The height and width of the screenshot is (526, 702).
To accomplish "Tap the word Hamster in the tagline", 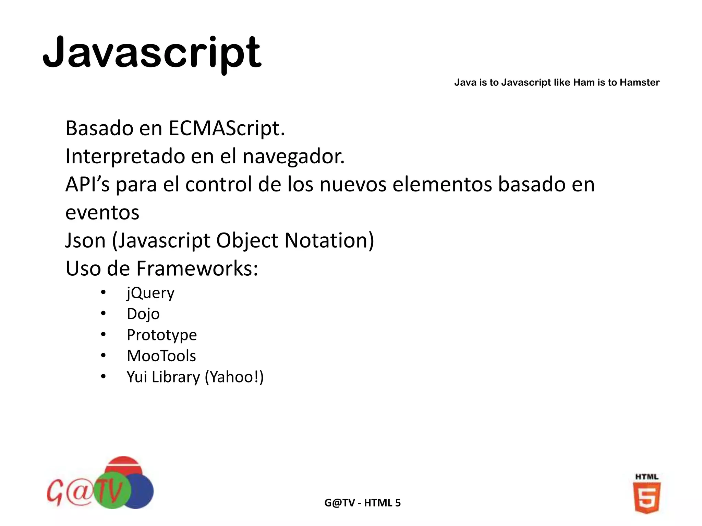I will point(640,83).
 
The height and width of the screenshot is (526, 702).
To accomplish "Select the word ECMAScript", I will point(227,128).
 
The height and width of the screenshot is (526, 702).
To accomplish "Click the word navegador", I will point(293,156).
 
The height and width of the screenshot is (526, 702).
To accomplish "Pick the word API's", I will point(87,184).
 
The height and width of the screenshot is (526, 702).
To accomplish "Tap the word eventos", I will point(102,212).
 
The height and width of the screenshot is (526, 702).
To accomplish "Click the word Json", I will point(85,240).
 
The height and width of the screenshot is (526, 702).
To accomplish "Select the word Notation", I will point(329,240).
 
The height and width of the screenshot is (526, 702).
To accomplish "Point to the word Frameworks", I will point(197,268).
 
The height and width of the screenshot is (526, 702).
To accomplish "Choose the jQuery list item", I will point(150,293).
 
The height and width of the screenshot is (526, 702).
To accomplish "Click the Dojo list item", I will point(143,314).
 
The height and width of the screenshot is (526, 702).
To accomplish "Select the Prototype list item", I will point(162,335).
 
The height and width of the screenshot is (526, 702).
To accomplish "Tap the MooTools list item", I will point(161,356).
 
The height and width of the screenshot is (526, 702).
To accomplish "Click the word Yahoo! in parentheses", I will point(234,377).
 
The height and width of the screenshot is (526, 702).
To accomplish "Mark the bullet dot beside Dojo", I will point(103,313).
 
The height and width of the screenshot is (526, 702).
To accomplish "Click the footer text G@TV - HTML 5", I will point(362,503).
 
